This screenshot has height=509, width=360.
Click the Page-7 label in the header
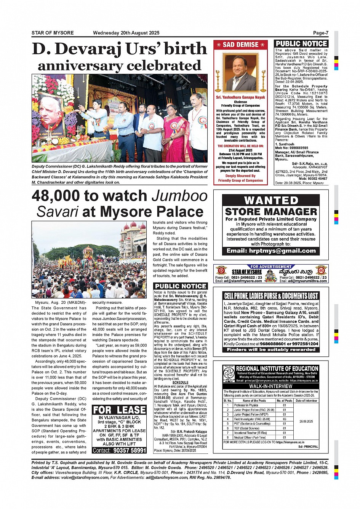click(x=320, y=33)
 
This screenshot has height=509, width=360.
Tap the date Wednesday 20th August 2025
click(x=126, y=33)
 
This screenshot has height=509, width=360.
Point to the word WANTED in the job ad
click(x=271, y=200)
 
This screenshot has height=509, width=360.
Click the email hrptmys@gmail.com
click(x=271, y=251)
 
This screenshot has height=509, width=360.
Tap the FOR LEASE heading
click(x=119, y=410)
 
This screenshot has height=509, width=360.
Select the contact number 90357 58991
click(x=130, y=450)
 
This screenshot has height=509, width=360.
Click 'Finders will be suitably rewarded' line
click(x=271, y=349)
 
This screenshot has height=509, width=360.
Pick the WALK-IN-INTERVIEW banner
click(x=271, y=386)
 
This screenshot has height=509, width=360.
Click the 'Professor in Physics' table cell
click(x=246, y=405)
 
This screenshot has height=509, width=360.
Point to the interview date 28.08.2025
click(x=306, y=421)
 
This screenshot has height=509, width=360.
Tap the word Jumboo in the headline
click(x=179, y=196)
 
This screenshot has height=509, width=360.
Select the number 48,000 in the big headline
click(x=56, y=196)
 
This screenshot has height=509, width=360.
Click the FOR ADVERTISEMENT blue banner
click(x=271, y=266)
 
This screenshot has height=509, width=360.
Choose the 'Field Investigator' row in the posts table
click(x=251, y=419)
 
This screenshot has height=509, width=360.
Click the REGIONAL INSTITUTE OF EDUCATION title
click(x=277, y=369)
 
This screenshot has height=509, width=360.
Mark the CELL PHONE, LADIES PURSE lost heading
click(x=271, y=296)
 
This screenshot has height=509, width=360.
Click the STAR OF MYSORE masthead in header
click(x=53, y=33)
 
